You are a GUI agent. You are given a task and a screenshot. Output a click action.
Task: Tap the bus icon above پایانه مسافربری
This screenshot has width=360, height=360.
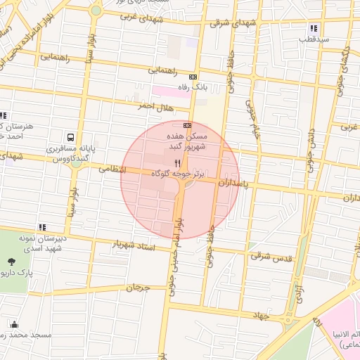point(71,137)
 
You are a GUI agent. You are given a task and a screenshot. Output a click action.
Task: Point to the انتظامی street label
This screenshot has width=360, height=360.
point(112,169)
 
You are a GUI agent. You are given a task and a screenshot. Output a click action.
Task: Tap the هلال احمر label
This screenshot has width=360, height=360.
point(153,106)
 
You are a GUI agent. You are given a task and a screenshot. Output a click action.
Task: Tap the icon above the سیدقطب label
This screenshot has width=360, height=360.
point(314,29)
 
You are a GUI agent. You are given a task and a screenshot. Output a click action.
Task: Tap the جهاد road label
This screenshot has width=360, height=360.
point(261,316)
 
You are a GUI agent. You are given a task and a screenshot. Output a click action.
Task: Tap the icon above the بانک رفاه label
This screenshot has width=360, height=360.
point(193,76)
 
